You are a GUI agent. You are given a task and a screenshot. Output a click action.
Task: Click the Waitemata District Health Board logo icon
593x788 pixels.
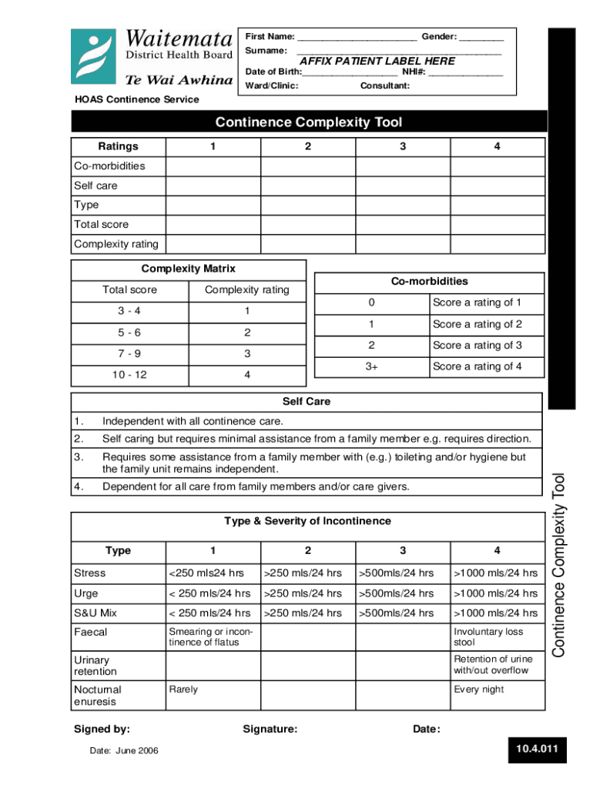coord(95,57)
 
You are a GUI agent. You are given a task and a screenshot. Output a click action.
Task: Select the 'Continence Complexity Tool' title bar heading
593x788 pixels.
coord(308,122)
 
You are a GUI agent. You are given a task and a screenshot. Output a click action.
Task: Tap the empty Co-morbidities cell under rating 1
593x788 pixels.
coord(213,166)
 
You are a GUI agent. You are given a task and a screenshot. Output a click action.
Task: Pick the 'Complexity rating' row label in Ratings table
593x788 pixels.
coord(116,244)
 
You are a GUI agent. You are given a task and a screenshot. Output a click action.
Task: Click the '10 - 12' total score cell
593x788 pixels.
coord(129,375)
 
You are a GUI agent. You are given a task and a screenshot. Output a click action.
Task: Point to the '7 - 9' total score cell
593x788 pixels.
coord(129,354)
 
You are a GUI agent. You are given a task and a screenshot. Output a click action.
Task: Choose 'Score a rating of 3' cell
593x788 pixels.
coord(477,346)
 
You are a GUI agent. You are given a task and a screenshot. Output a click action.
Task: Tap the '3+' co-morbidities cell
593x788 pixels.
coord(372,366)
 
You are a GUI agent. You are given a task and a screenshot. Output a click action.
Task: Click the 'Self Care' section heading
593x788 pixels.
coord(307,402)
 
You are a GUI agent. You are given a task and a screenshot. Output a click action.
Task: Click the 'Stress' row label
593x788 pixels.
coord(90,573)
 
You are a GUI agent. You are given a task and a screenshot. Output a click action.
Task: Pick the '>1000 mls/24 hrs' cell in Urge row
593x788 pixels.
coord(497,593)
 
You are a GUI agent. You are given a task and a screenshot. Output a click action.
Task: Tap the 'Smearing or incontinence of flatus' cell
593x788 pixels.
coord(210,636)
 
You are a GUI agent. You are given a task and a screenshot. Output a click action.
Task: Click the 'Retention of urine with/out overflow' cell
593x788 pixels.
coord(492,664)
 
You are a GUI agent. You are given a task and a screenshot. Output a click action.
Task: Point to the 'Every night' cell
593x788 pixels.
coord(479,689)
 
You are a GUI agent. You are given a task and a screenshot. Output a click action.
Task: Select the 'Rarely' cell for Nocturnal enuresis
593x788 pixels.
coord(183,689)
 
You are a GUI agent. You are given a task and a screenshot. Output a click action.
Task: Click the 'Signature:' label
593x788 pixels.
coord(270,730)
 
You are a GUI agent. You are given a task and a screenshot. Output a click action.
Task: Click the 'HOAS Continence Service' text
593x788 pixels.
coord(136,99)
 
